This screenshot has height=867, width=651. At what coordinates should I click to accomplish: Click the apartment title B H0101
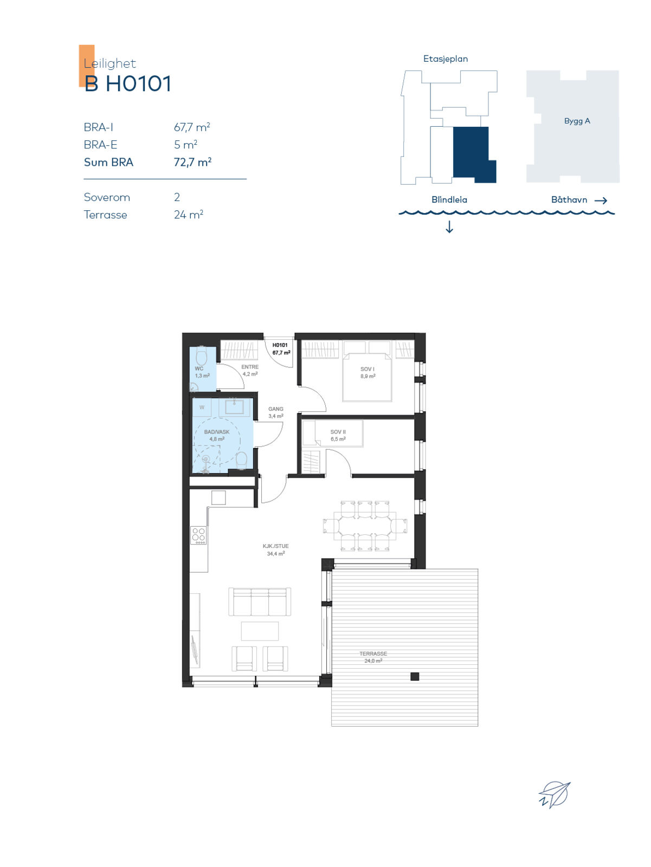coord(127,84)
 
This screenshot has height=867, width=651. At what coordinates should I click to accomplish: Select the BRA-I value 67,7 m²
coord(192,127)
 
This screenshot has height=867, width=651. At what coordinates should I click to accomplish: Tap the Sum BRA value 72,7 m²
coord(192,162)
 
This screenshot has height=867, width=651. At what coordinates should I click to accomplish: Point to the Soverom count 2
coord(177,197)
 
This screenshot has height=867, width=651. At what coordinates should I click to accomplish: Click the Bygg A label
coord(577,121)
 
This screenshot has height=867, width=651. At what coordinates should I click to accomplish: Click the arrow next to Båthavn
coord(601,200)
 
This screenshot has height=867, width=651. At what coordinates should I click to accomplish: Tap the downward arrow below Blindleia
coord(449,227)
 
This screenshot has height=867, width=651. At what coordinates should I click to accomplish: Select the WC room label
coord(199,368)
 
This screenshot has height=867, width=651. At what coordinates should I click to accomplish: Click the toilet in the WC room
coord(202,356)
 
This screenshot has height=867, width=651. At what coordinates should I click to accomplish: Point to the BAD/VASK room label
coord(217,432)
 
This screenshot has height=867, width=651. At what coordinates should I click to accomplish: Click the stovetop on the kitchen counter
coord(198,535)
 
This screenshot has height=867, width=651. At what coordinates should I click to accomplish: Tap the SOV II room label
coord(338,432)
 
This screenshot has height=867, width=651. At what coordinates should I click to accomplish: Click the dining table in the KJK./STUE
coord(365,526)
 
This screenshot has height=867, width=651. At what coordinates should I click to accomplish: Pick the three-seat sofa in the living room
coord(260,602)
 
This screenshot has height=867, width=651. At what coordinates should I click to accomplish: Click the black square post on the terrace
coord(415,677)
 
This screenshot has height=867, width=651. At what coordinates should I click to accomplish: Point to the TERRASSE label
coord(373,654)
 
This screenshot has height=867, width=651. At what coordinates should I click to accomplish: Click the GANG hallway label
coord(276,409)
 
